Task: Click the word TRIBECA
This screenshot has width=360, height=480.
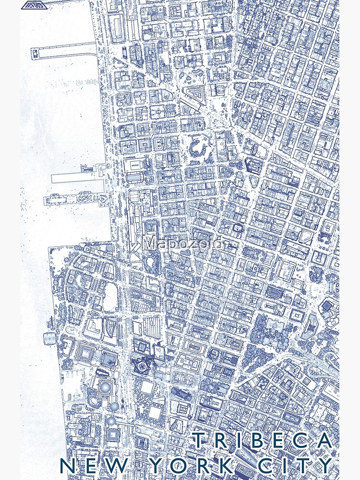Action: click(x=262, y=441)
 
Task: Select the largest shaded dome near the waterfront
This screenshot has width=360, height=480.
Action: click(x=104, y=387)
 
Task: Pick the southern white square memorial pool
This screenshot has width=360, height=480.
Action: click(x=155, y=413)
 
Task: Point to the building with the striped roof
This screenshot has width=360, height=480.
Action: click(x=152, y=329)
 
